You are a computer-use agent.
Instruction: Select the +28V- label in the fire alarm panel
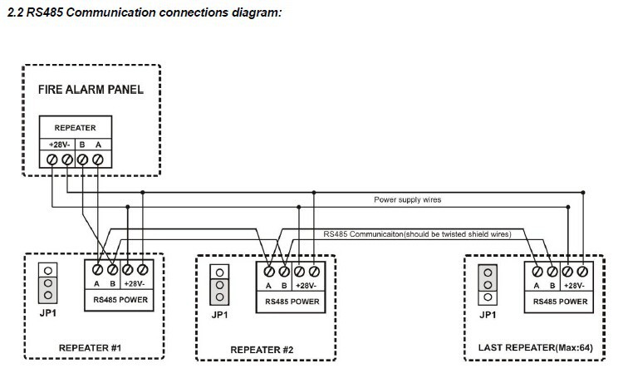[58, 143]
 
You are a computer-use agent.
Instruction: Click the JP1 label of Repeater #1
[49, 313]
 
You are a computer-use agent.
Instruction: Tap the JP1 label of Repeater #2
[219, 315]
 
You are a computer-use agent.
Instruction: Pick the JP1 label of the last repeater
[488, 314]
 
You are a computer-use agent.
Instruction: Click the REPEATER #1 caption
[91, 347]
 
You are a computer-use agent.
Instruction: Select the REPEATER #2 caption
[262, 349]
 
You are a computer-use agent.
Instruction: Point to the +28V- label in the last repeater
[576, 285]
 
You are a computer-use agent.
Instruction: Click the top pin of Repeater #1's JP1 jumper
[49, 270]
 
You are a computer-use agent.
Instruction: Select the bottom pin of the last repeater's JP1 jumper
[488, 296]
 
